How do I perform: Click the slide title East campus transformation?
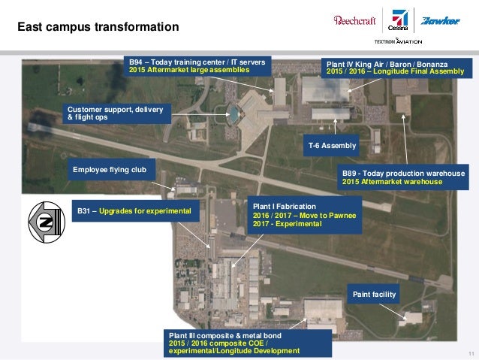[98, 27]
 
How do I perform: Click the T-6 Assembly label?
[332, 145]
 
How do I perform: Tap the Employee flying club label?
[114, 170]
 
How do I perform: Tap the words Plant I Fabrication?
[285, 206]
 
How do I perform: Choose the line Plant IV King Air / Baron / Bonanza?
[392, 64]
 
